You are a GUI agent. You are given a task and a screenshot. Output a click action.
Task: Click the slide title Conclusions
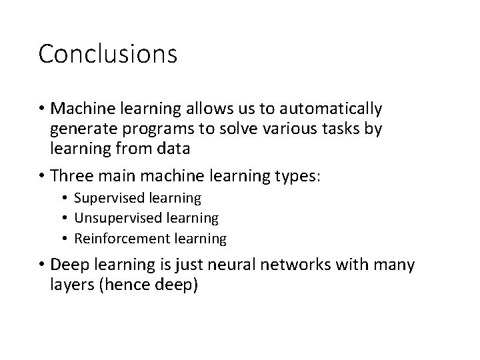coord(107,54)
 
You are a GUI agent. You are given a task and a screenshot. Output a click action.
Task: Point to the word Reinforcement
coord(117,238)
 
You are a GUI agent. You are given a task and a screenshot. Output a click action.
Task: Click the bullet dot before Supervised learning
coord(66,199)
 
